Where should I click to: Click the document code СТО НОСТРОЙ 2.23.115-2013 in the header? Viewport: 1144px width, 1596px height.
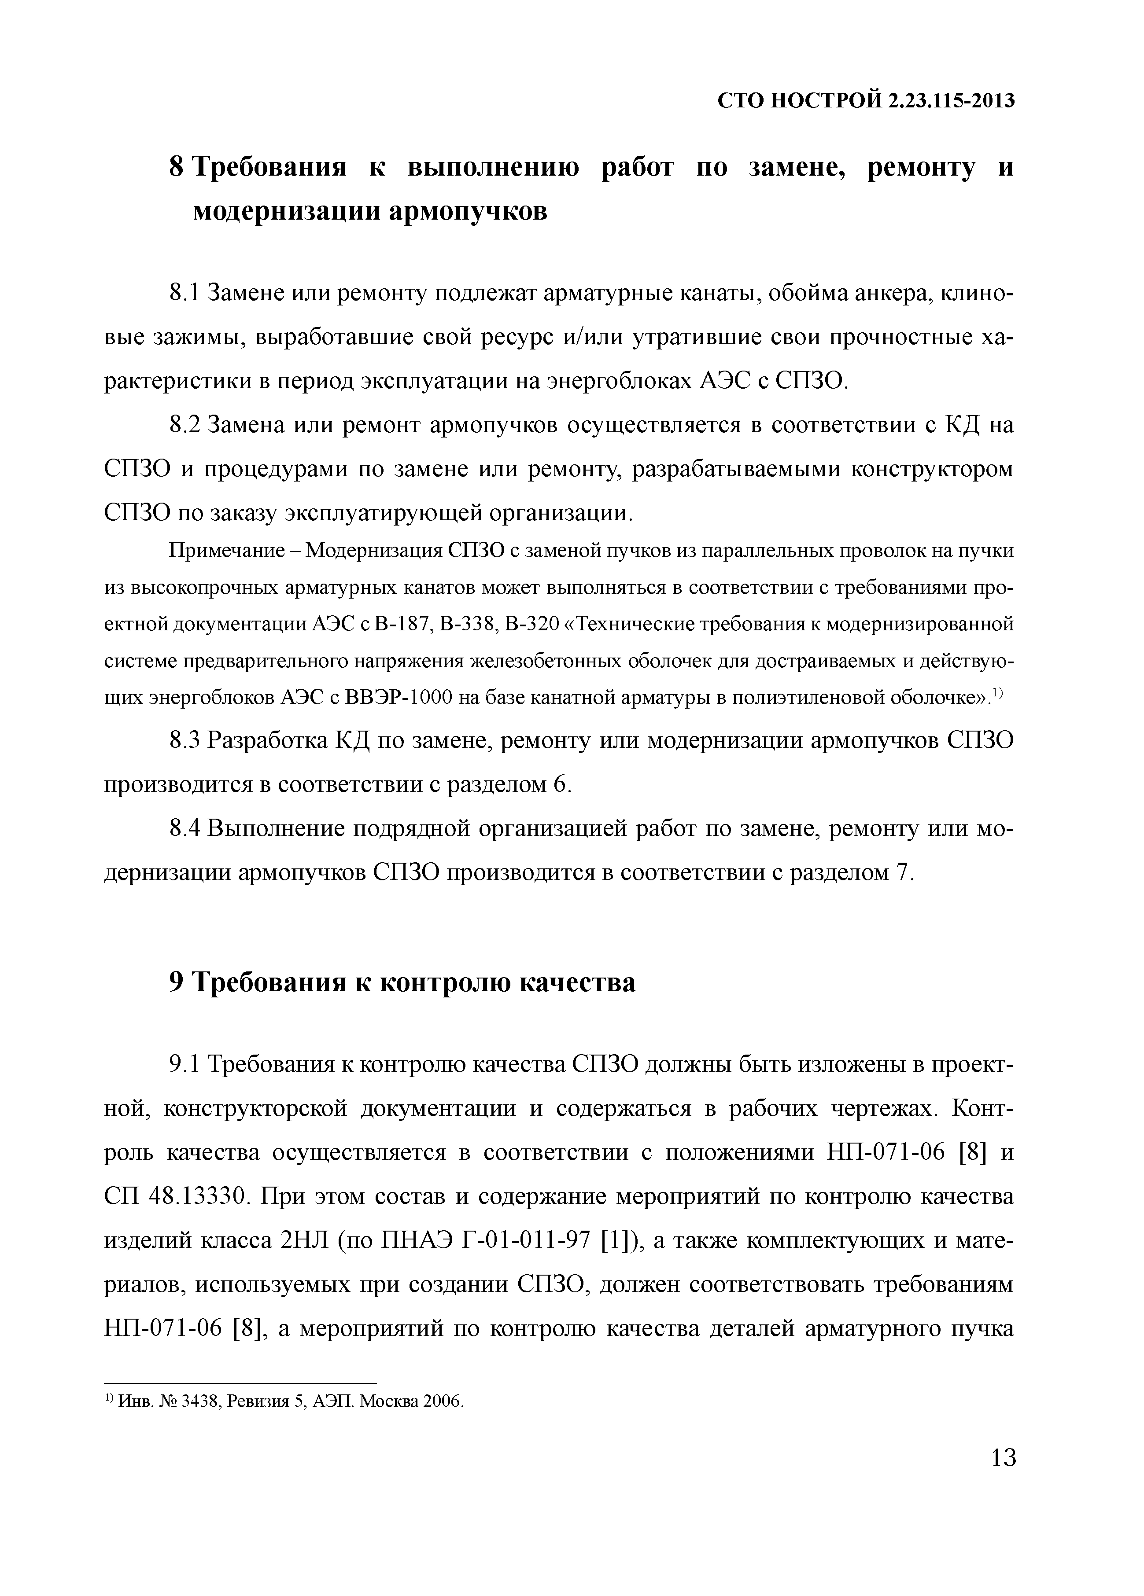point(866,101)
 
